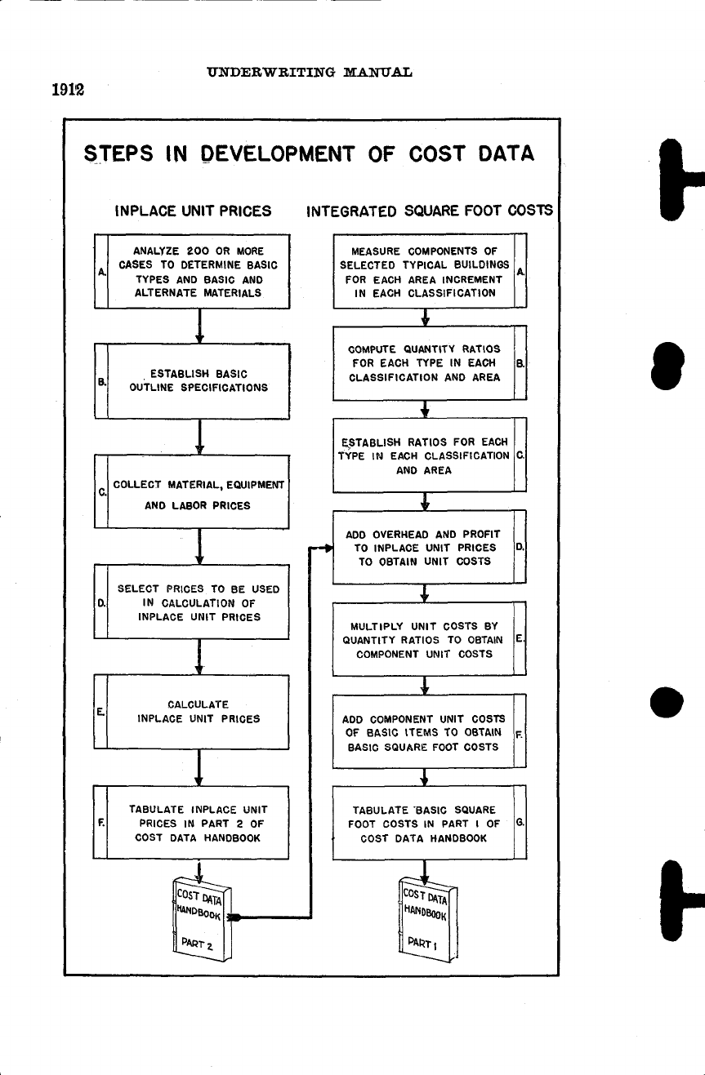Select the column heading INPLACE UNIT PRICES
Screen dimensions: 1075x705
[x=194, y=211]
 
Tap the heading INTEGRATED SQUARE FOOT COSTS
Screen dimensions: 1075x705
[x=429, y=211]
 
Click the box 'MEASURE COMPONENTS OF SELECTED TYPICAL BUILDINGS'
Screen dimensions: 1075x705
[x=425, y=271]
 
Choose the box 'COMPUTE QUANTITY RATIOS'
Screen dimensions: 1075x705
[x=425, y=364]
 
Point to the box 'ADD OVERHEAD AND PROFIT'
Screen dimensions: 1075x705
[x=425, y=547]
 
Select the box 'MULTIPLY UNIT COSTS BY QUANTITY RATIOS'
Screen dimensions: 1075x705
[x=425, y=640]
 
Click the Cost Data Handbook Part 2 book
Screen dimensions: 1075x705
[x=201, y=919]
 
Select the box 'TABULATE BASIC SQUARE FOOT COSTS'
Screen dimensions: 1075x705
[x=425, y=824]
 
